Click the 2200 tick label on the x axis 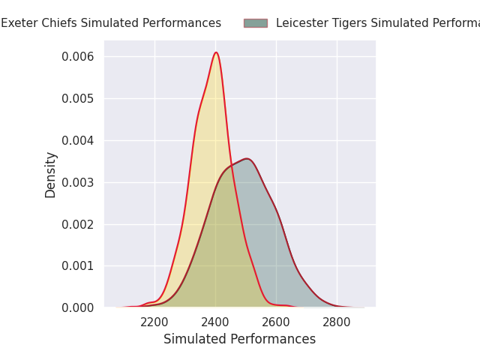click(x=154, y=322)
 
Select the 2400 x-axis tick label click(x=215, y=322)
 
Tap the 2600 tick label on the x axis click(x=276, y=322)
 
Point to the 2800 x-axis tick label click(x=337, y=322)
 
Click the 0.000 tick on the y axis click(x=79, y=307)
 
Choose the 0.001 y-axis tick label click(x=79, y=265)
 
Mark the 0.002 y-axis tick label click(x=79, y=224)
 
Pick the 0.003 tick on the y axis click(x=79, y=182)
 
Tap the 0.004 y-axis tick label click(x=79, y=140)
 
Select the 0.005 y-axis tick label click(x=79, y=98)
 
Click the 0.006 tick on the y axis click(x=79, y=57)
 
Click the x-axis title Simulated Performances click(x=239, y=339)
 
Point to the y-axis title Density click(x=51, y=174)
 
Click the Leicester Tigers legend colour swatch click(x=255, y=23)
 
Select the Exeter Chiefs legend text click(x=111, y=23)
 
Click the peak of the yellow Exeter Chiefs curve click(x=216, y=52)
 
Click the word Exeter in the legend click(x=19, y=23)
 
